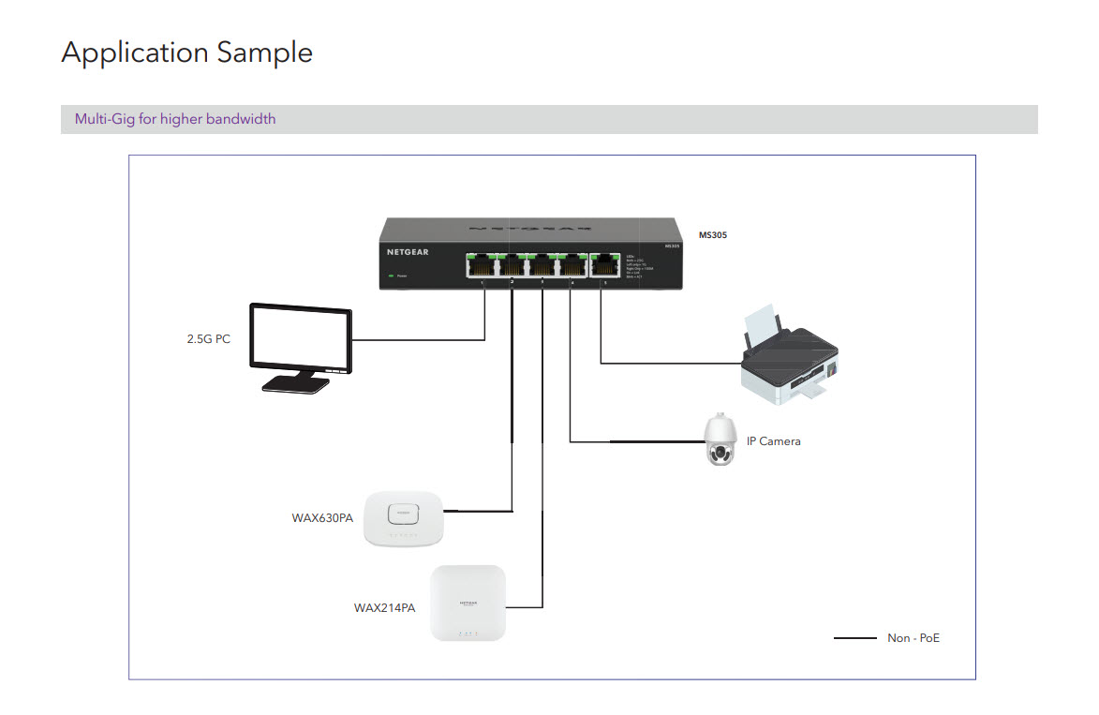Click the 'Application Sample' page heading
pos(186,52)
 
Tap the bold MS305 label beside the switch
pos(713,235)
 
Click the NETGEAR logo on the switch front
pos(409,252)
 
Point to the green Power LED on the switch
pos(390,276)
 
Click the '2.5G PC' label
pos(208,339)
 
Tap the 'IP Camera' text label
pos(773,440)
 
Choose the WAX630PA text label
pos(322,517)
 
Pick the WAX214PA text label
pos(384,607)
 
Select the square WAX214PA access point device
pos(468,603)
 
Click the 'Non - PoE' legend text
pos(913,638)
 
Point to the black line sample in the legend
pos(854,638)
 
